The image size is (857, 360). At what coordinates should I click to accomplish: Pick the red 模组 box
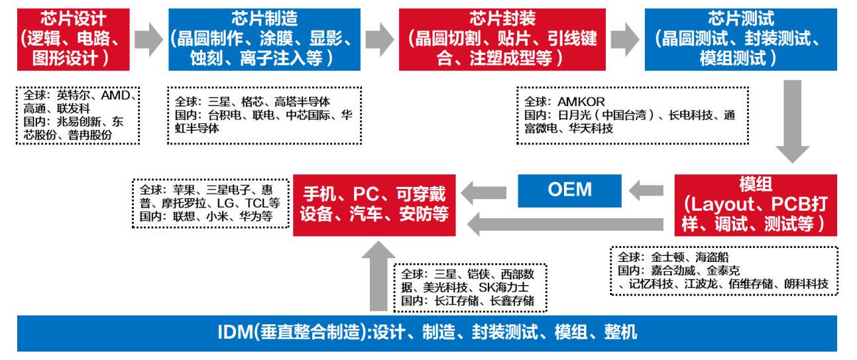[756, 204]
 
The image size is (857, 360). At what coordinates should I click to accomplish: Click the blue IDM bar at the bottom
[428, 332]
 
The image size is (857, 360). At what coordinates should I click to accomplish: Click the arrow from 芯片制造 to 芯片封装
[379, 40]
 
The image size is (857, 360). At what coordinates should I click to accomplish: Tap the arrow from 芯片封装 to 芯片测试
[624, 40]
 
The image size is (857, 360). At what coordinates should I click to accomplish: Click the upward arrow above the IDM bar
[377, 278]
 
